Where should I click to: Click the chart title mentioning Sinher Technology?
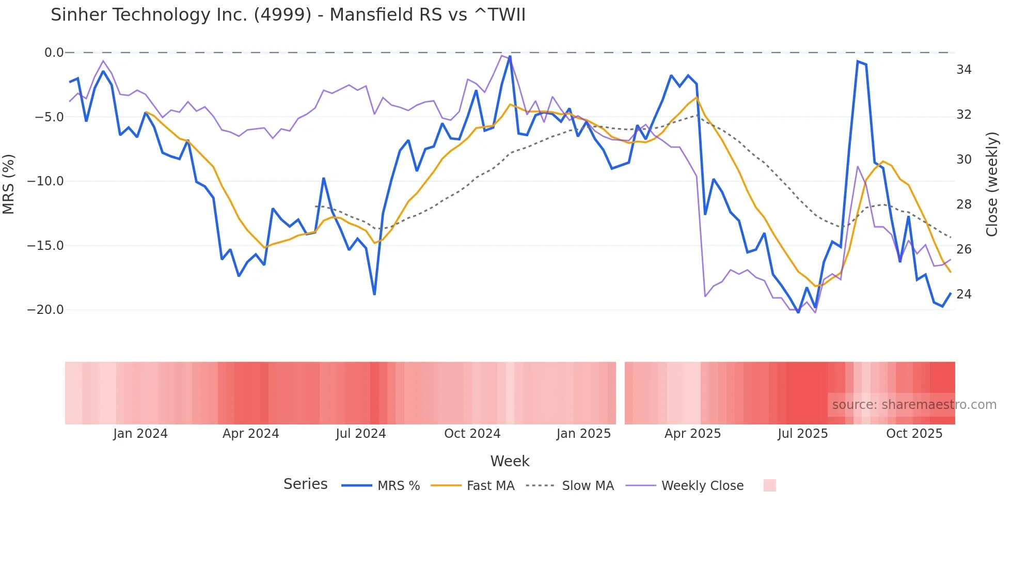tap(288, 15)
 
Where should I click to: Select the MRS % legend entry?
tap(398, 486)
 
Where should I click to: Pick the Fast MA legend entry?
tap(490, 486)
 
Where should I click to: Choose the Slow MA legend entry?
tap(588, 486)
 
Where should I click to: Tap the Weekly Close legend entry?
tap(702, 486)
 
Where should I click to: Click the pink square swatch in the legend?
tap(769, 485)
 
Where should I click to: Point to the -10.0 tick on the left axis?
tap(45, 181)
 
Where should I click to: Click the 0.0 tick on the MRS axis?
tap(54, 53)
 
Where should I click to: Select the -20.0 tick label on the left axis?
tap(45, 310)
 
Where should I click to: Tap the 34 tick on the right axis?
tap(964, 70)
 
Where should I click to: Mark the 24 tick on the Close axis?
tap(964, 294)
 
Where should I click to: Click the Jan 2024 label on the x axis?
tap(140, 434)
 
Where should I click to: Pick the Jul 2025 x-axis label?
tap(803, 434)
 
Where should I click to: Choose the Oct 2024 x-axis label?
tap(472, 434)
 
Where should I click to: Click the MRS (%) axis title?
tap(9, 184)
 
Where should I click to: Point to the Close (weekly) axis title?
tap(992, 184)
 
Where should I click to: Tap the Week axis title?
tap(510, 461)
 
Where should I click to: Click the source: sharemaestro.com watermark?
tap(914, 405)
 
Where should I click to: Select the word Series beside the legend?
tap(306, 484)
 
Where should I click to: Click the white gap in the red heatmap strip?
tap(620, 393)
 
